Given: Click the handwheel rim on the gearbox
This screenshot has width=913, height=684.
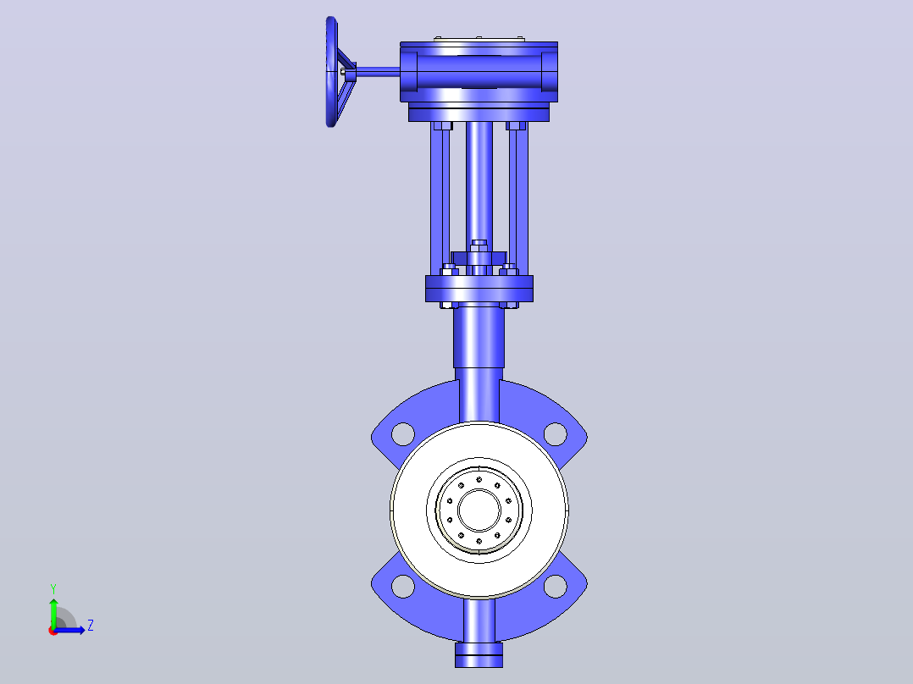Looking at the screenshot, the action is coord(331,72).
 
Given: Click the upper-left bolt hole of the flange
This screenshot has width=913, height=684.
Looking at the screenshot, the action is coord(403,433).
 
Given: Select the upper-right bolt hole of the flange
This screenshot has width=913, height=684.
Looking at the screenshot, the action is coord(555,433).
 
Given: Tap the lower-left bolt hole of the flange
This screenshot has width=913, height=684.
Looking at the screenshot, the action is coord(403,586).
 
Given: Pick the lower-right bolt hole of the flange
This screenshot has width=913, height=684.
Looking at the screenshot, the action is coord(555,586).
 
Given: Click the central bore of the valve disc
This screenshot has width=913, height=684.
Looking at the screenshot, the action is coord(479,510).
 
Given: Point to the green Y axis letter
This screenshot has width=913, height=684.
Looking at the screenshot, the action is coord(53,589).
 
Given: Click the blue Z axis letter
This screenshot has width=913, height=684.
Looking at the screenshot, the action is coord(91,626).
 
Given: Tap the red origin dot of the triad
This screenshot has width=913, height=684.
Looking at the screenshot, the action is coord(53,631).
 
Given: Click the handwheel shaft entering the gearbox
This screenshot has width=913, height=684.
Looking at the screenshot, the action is coord(378,72).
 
